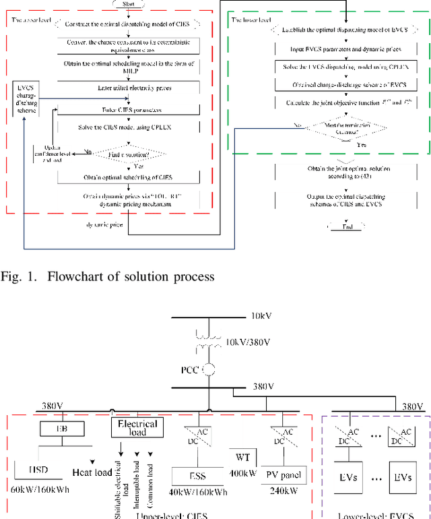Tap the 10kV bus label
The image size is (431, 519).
[x=258, y=316]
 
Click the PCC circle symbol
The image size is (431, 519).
[x=209, y=369]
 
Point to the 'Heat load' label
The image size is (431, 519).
[x=92, y=472]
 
